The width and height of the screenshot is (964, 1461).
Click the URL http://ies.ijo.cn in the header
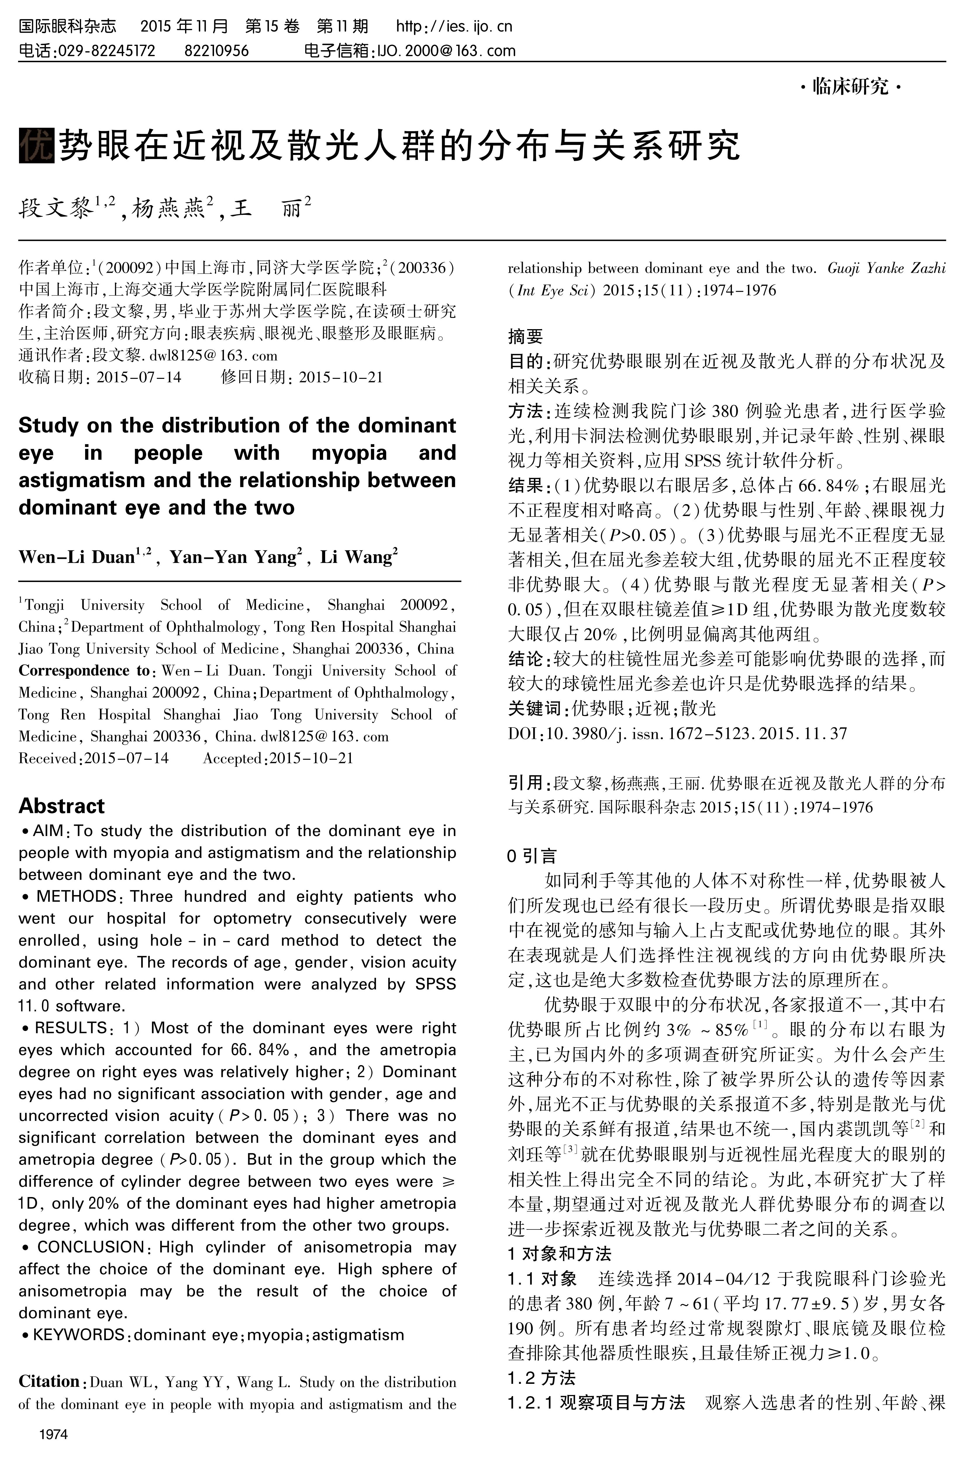[454, 26]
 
